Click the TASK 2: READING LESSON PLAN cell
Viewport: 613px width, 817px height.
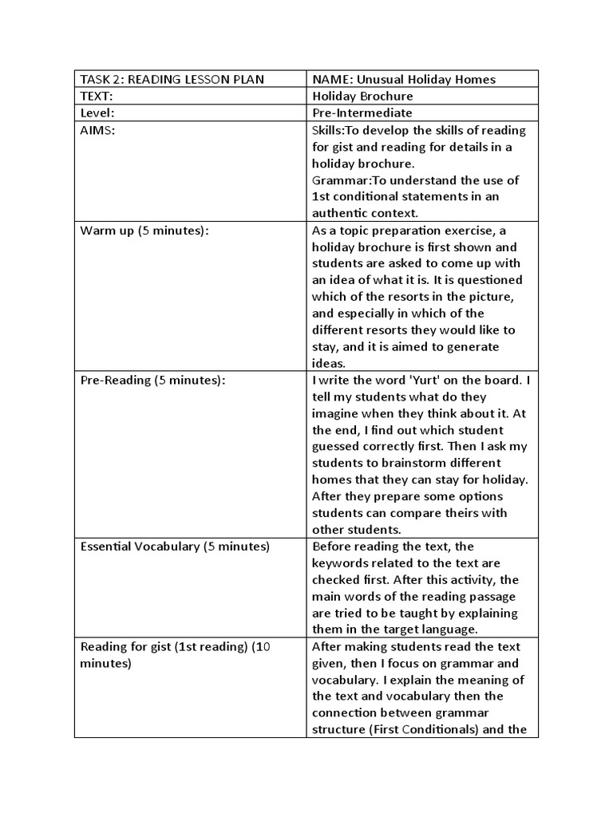click(172, 79)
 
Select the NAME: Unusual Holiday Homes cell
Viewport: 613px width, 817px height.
click(404, 79)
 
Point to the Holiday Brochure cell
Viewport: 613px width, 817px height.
click(362, 96)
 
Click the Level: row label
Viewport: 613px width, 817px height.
click(98, 113)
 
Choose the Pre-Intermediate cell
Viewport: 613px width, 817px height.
click(362, 113)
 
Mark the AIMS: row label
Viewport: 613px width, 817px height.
click(98, 130)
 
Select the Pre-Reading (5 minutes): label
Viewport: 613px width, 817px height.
click(153, 380)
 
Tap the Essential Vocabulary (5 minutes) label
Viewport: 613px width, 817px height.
click(176, 547)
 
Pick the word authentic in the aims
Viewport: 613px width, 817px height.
click(342, 213)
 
